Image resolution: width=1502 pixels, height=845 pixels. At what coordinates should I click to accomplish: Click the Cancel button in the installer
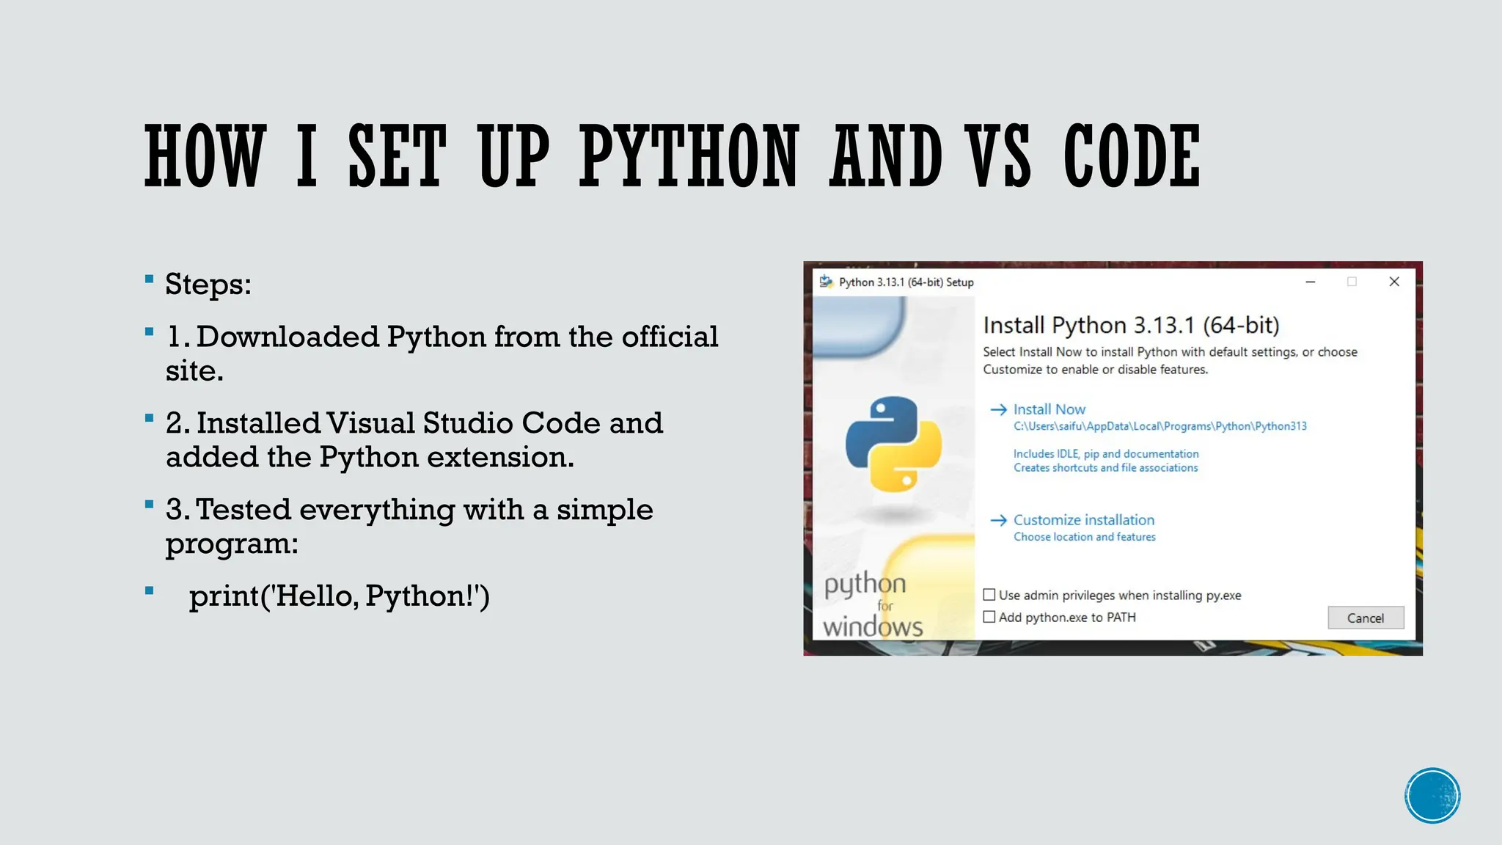[x=1365, y=618]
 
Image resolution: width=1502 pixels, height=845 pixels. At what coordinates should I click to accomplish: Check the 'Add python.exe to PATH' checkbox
[x=989, y=617]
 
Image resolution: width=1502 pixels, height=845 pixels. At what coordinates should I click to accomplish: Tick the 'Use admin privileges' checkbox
[x=989, y=595]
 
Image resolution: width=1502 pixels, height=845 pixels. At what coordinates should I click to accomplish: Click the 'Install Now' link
[x=1049, y=409]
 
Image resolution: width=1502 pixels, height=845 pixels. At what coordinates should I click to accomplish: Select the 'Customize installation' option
[x=1083, y=520]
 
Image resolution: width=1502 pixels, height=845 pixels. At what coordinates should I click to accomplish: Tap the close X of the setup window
[x=1394, y=282]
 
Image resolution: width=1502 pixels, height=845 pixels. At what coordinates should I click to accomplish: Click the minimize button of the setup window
[x=1311, y=282]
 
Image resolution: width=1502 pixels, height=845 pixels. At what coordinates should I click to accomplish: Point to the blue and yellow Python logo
[x=893, y=443]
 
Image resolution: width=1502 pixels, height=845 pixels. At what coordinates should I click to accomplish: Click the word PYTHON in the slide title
[x=689, y=156]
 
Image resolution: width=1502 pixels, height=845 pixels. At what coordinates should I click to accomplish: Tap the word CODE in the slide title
[x=1132, y=156]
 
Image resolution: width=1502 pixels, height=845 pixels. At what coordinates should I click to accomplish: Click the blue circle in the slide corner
[x=1432, y=795]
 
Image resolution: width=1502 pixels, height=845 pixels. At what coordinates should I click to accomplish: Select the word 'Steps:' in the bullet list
[x=208, y=285]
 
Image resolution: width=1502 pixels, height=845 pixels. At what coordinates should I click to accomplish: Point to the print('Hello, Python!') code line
[x=339, y=596]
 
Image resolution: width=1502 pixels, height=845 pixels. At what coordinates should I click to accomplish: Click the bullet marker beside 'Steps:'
[x=150, y=279]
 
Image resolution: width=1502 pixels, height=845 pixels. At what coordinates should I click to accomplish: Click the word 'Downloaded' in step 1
[x=287, y=337]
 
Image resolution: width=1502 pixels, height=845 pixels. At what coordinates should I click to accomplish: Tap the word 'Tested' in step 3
[x=243, y=510]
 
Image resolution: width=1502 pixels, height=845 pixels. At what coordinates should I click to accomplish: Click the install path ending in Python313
[x=1160, y=426]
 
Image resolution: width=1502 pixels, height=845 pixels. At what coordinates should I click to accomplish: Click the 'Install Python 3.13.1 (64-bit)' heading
[x=1131, y=325]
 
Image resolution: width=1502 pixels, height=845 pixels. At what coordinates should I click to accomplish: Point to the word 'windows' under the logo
[x=873, y=627]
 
